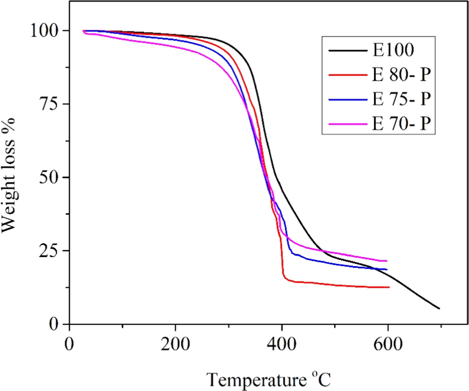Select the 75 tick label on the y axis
(x=50, y=104)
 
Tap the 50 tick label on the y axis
(x=50, y=178)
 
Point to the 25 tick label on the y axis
(x=50, y=251)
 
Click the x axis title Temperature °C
(x=269, y=379)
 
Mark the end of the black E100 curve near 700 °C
(x=439, y=309)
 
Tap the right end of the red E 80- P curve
(x=389, y=287)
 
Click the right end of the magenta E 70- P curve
(x=387, y=261)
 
